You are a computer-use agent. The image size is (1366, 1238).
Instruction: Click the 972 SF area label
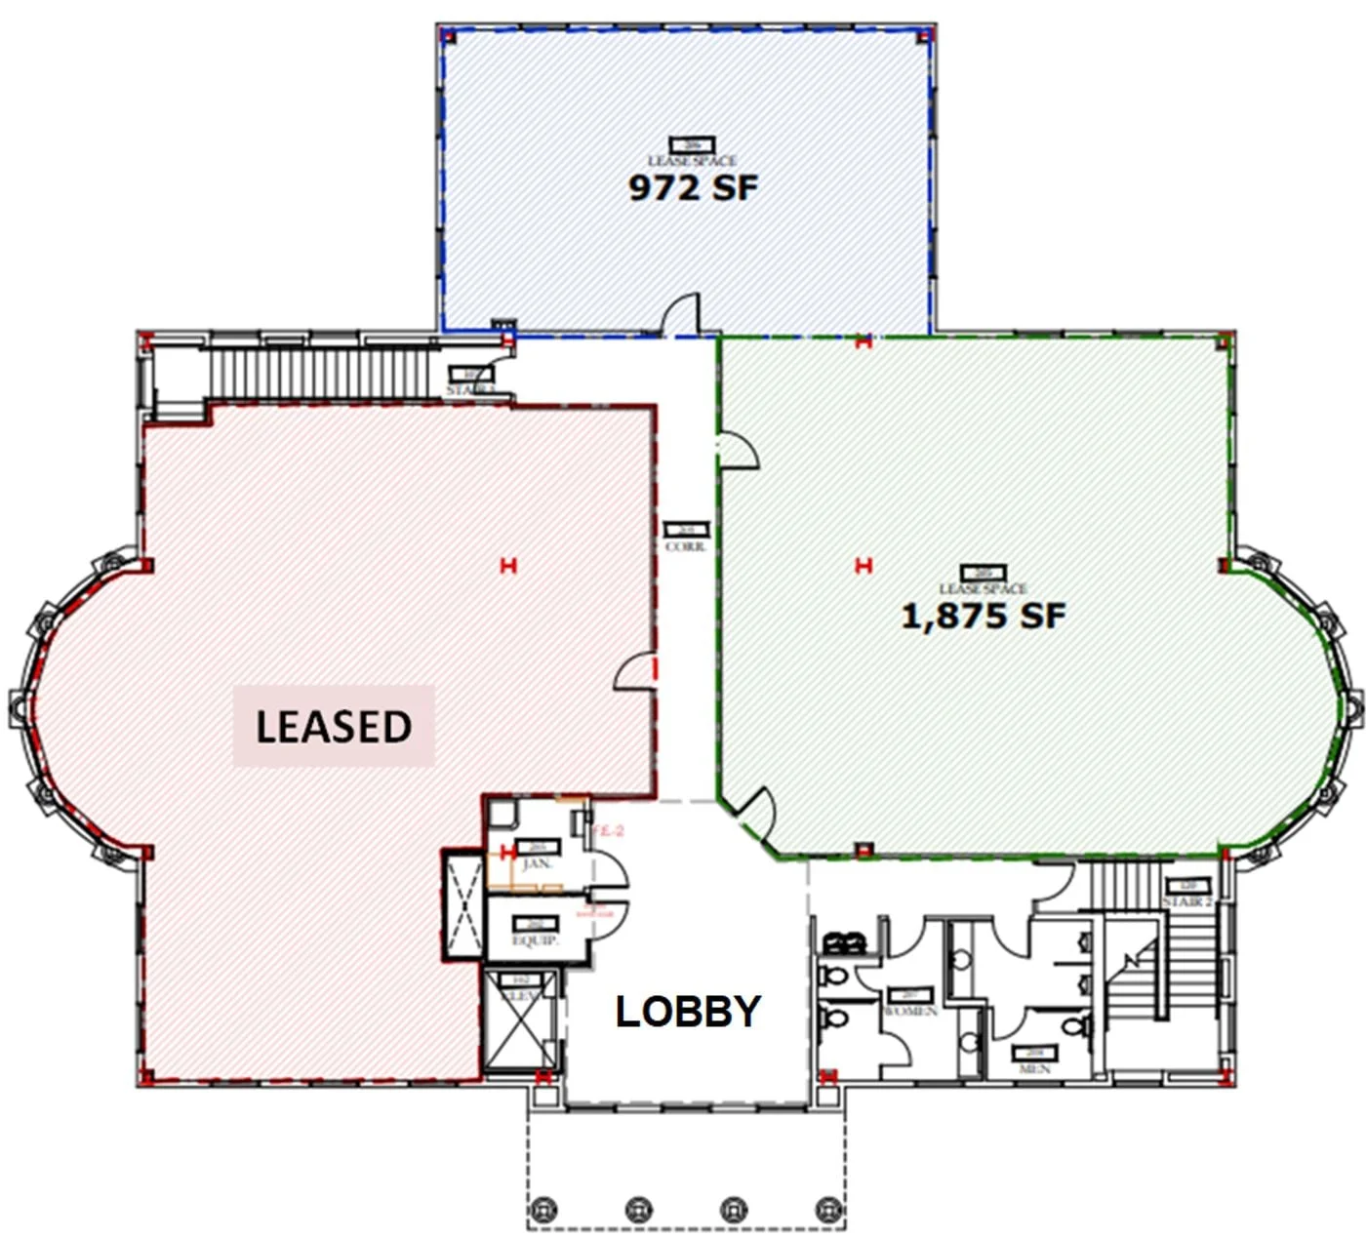click(692, 186)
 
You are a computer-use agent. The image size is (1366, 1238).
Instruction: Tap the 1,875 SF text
click(983, 616)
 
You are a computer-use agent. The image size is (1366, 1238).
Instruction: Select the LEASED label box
click(333, 726)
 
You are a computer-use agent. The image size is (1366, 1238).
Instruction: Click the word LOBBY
click(688, 1012)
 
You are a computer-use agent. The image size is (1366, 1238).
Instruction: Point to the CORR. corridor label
click(686, 547)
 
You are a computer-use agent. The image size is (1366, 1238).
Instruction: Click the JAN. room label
click(537, 864)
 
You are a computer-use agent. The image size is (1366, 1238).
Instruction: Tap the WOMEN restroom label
click(910, 1012)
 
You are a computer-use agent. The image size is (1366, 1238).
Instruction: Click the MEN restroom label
click(1034, 1069)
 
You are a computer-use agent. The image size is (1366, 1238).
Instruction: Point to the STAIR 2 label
click(1186, 902)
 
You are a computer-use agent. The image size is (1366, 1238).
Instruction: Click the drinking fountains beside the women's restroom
click(845, 943)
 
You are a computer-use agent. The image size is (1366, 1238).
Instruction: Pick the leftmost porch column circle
click(542, 1209)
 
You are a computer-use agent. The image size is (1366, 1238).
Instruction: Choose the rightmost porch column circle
click(829, 1209)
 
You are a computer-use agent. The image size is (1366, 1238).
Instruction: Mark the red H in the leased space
click(507, 565)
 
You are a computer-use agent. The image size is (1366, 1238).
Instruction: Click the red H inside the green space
click(863, 565)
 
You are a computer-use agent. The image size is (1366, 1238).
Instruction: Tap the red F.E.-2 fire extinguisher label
click(607, 830)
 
